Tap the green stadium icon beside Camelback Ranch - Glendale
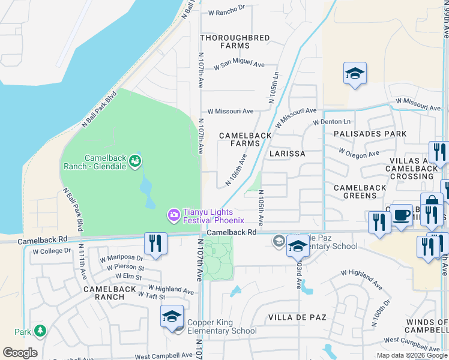[x=136, y=160]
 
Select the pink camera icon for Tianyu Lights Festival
[x=173, y=214]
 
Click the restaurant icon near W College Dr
[x=155, y=244]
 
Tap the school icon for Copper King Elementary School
[x=172, y=316]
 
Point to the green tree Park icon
[x=40, y=331]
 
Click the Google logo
[x=20, y=353]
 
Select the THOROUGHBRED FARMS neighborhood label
[x=235, y=41]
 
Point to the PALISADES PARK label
[x=370, y=134]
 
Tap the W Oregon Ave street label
[x=359, y=153]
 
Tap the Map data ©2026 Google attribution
[x=412, y=355]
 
